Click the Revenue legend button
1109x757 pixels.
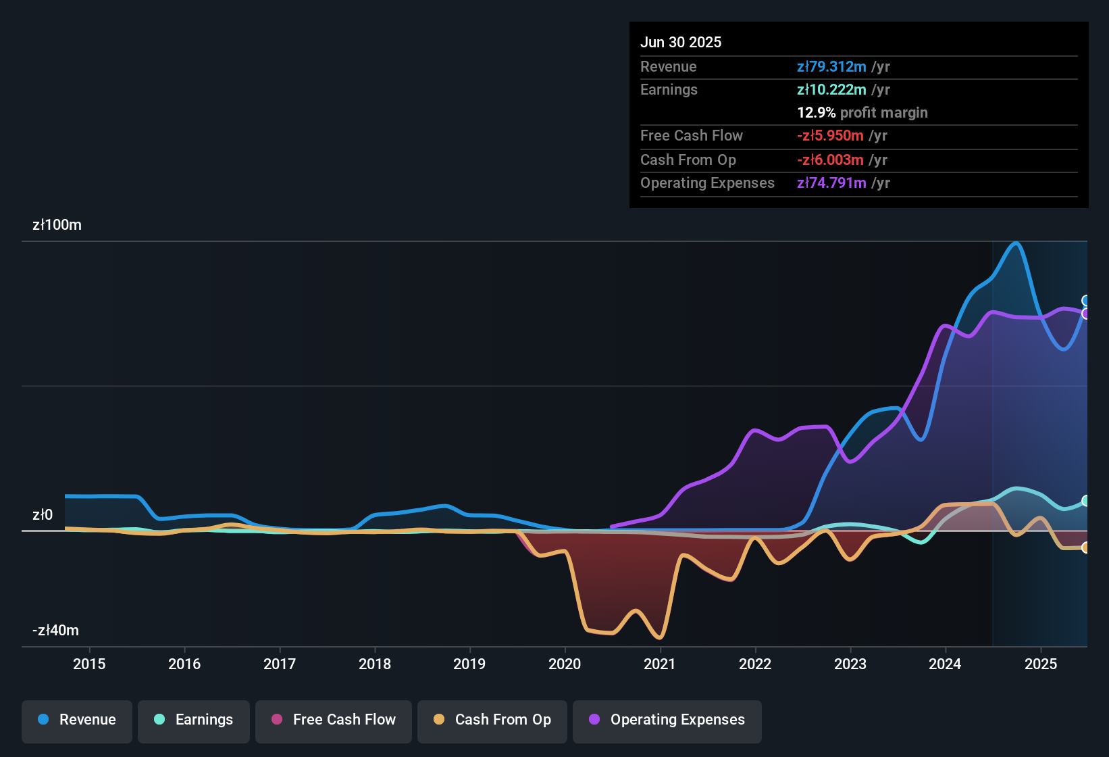(77, 720)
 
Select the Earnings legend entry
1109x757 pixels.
(194, 720)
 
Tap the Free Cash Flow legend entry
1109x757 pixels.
(334, 720)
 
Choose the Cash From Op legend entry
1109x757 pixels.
(492, 720)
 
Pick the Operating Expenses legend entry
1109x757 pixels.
(667, 720)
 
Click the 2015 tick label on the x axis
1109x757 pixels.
(89, 664)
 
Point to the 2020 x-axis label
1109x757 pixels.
(565, 664)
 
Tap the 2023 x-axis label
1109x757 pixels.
(850, 664)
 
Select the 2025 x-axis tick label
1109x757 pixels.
(1041, 664)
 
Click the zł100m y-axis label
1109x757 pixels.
(57, 225)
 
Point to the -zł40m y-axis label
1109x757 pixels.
(55, 631)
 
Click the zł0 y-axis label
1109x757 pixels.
(43, 515)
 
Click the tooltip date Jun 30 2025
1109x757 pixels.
(681, 42)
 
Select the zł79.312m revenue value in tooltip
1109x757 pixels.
(831, 66)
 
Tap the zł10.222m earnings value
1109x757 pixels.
(831, 89)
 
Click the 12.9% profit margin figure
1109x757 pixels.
(817, 112)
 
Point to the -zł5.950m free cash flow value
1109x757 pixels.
(830, 135)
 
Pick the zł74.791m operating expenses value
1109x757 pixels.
(831, 182)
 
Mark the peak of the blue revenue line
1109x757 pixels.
(1016, 243)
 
